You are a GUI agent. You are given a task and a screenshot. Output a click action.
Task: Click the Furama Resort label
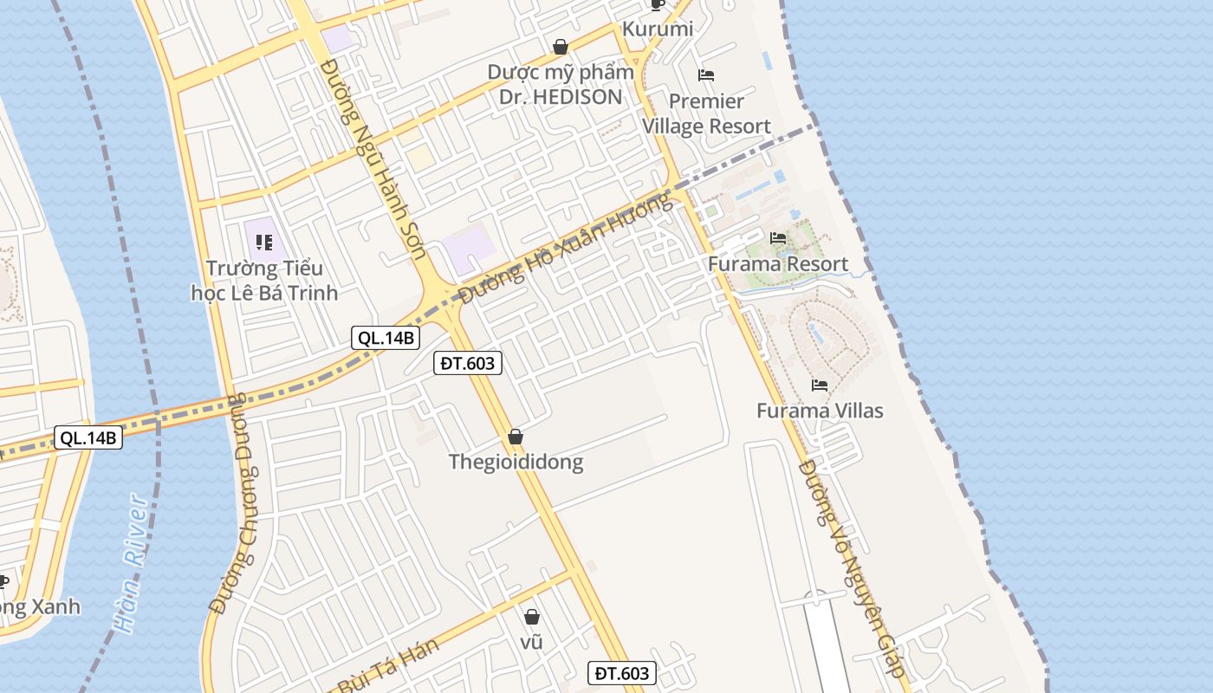(777, 264)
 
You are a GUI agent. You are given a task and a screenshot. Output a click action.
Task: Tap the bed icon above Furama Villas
(820, 385)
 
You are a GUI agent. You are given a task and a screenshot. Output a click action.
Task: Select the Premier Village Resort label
(706, 113)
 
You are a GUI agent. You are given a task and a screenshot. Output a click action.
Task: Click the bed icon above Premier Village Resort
(706, 75)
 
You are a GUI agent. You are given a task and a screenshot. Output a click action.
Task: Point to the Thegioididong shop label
(516, 462)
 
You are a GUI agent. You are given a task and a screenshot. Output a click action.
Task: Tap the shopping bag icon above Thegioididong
(516, 437)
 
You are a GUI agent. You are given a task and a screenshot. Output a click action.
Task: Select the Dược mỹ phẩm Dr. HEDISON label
(561, 84)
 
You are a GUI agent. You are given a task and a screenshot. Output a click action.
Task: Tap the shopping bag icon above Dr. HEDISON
(561, 46)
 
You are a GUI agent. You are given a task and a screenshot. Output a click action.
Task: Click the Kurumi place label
(658, 29)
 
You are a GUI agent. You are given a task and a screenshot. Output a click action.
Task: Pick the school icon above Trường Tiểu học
(264, 242)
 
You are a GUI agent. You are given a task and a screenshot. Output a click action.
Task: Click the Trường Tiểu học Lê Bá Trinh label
(264, 281)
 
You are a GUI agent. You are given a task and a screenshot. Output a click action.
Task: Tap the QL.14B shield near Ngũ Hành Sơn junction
(386, 338)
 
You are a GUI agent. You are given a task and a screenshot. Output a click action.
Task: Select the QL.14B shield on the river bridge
(88, 437)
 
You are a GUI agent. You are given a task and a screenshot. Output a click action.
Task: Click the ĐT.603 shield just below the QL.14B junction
(468, 363)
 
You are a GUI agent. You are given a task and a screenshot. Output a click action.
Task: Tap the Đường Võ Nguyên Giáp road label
(852, 567)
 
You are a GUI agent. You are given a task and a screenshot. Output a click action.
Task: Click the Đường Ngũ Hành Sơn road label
(373, 159)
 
